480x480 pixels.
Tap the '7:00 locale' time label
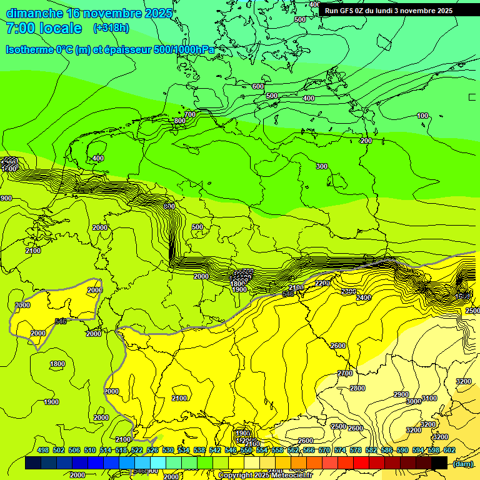(x=44, y=28)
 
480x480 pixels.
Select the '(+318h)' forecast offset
(x=111, y=28)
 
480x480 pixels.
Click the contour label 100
(x=422, y=116)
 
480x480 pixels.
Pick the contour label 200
(x=366, y=141)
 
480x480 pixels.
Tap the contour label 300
(x=321, y=166)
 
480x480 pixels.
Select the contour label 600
(x=258, y=86)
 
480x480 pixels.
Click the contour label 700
(x=190, y=114)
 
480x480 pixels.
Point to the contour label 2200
(x=322, y=283)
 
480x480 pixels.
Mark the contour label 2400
(x=363, y=297)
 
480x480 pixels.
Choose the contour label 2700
(x=345, y=373)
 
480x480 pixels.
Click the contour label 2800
(x=357, y=388)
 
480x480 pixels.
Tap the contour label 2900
(x=401, y=394)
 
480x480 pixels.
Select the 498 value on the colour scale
(x=43, y=450)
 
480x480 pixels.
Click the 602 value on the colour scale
(x=449, y=450)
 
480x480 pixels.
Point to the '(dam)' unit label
(x=463, y=463)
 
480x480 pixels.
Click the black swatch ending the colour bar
(x=439, y=462)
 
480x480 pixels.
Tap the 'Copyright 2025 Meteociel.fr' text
(x=265, y=476)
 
